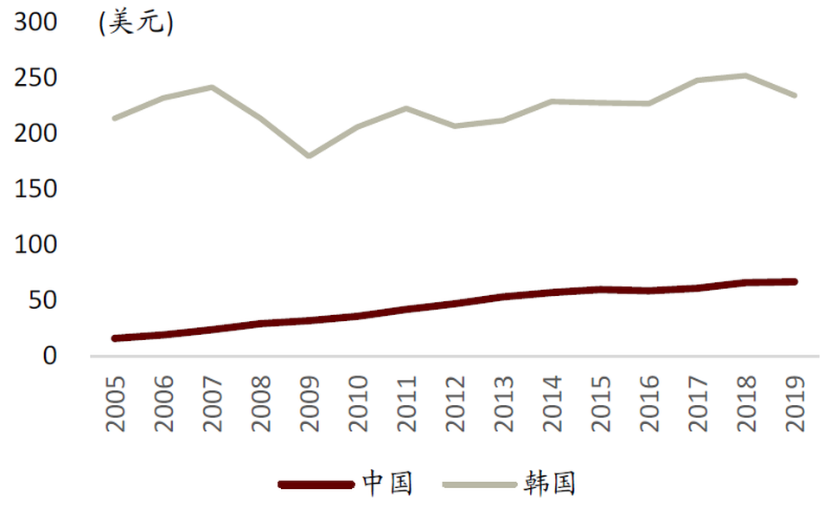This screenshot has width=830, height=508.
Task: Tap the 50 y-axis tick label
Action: pyautogui.click(x=42, y=300)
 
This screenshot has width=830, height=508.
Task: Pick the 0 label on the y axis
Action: pyautogui.click(x=50, y=356)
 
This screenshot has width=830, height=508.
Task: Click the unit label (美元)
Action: pyautogui.click(x=137, y=23)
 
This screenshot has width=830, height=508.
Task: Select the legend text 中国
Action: pyautogui.click(x=386, y=483)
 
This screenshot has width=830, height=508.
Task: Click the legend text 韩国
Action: pyautogui.click(x=549, y=483)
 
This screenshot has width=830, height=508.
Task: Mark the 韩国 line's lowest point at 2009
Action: pyautogui.click(x=310, y=156)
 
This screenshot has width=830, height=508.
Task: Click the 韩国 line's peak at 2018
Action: pyautogui.click(x=745, y=75)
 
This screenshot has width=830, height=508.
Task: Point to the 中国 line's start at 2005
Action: pyautogui.click(x=116, y=338)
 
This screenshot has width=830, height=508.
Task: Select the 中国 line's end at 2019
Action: pyautogui.click(x=794, y=281)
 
